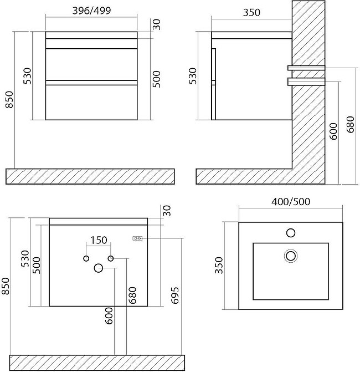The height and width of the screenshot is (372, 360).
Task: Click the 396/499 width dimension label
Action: [91, 11]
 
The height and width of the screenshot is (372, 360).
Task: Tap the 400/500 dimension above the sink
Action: [291, 202]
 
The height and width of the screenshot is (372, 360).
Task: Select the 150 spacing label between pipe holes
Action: [99, 240]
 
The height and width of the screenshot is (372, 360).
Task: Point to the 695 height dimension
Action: [174, 295]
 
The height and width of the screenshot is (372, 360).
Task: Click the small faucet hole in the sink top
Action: [291, 233]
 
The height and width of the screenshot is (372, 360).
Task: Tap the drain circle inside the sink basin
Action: [291, 256]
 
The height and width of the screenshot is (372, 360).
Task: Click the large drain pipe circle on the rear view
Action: [99, 268]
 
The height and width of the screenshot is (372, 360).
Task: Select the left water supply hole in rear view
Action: [86, 258]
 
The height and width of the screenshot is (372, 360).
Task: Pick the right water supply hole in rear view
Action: [111, 258]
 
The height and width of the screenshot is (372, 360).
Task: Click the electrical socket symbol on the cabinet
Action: [137, 238]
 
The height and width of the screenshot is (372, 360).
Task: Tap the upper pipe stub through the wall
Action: [306, 68]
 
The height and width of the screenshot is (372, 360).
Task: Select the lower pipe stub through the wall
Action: [306, 81]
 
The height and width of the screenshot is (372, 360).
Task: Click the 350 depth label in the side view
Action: [251, 12]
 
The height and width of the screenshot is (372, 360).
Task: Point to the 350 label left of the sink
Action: [219, 265]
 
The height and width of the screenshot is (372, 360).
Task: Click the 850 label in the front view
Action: [9, 100]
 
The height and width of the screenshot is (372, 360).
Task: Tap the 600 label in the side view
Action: [333, 131]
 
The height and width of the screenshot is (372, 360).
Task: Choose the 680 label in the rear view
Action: [132, 295]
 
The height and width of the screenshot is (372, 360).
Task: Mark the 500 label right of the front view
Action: [156, 79]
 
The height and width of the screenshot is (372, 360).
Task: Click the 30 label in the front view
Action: [156, 24]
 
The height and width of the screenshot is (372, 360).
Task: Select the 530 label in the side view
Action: [193, 76]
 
